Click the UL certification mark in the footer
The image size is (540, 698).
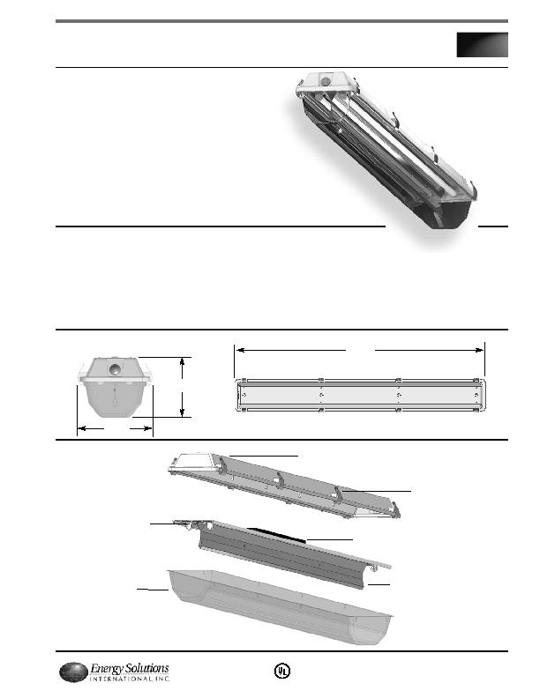tap(281, 671)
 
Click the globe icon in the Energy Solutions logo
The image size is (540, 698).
tap(73, 672)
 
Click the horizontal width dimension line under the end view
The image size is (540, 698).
tap(115, 428)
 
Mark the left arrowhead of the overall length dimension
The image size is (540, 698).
tap(236, 350)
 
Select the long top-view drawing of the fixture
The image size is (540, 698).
tap(360, 396)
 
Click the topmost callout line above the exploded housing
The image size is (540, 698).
tap(265, 455)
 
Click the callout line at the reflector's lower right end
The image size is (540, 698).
tap(379, 583)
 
